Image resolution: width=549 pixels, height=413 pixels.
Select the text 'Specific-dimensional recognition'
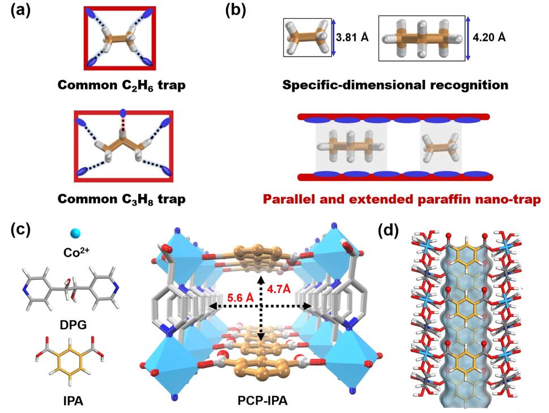[395, 86]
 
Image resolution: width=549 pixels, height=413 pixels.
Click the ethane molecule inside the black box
[307, 37]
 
